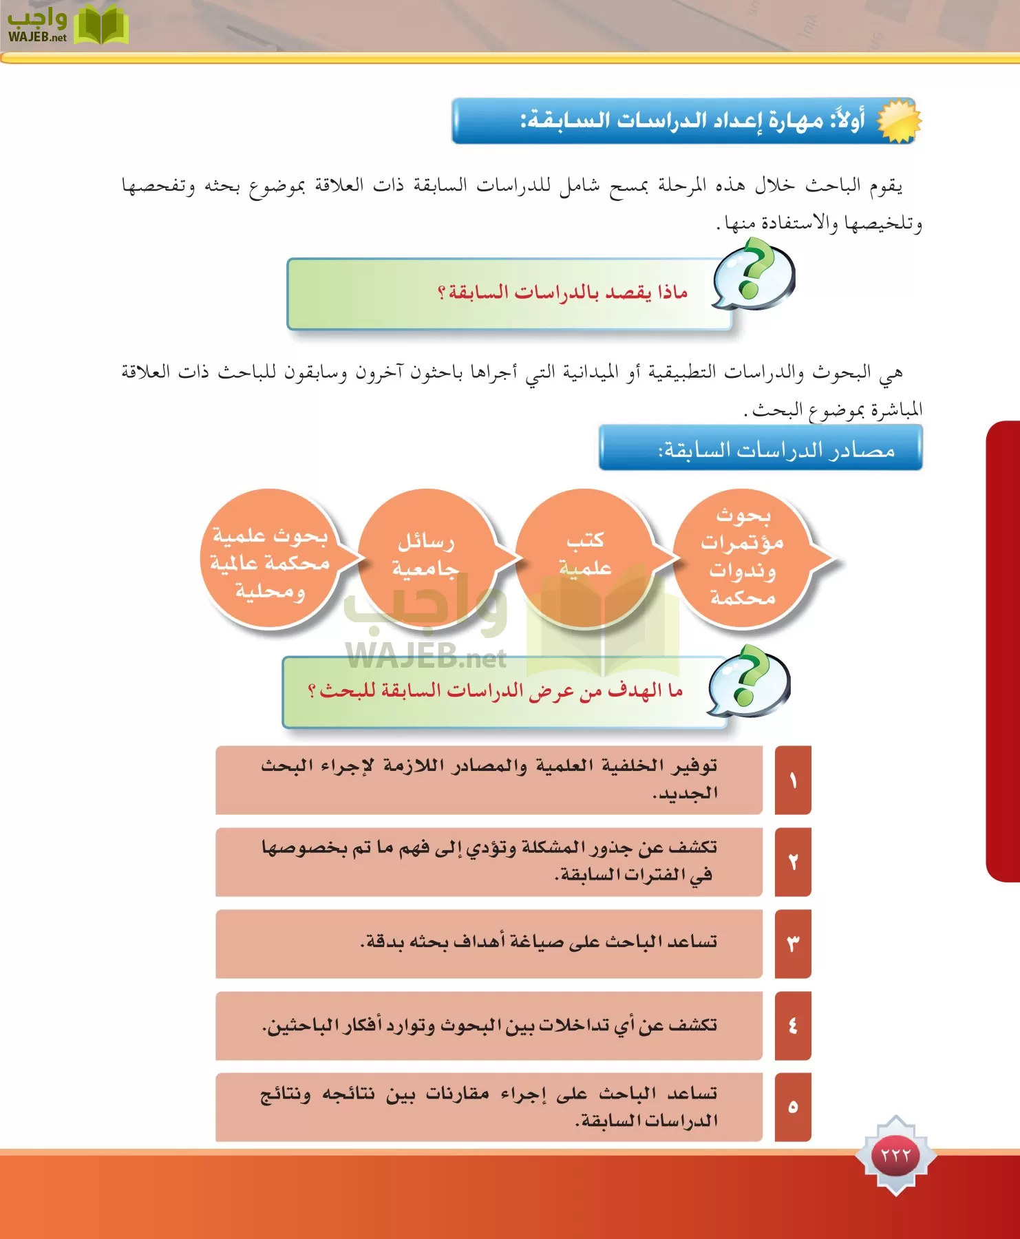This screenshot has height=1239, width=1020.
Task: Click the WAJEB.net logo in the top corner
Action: point(67,25)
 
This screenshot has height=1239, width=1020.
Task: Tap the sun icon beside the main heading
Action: point(898,120)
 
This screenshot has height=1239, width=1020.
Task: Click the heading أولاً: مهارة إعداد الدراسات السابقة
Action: point(692,121)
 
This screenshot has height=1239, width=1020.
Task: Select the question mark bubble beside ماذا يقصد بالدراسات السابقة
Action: point(753,275)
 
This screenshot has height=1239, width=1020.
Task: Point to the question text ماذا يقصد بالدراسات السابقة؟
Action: point(562,293)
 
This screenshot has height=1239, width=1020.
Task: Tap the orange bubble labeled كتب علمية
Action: point(584,555)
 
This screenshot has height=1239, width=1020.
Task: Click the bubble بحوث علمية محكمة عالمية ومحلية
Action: point(270,562)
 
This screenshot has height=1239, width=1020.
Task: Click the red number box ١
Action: point(793,780)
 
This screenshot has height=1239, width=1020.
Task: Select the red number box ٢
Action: point(793,862)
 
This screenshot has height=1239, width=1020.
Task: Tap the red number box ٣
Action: point(793,944)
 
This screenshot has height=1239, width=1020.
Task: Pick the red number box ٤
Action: point(793,1026)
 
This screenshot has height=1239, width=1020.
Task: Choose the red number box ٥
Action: point(793,1107)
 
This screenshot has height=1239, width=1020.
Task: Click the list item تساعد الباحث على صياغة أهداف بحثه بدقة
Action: point(538,941)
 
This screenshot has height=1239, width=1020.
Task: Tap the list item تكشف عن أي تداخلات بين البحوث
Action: point(489,1026)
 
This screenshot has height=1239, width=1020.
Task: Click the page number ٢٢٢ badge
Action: point(895,1155)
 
